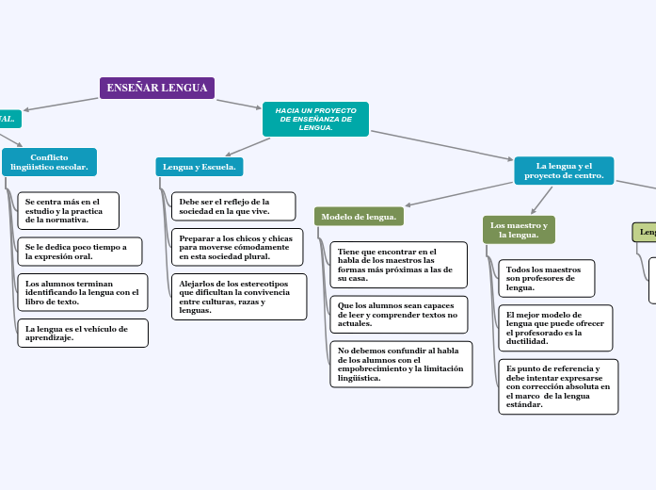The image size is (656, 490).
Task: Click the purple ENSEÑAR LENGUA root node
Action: (x=157, y=88)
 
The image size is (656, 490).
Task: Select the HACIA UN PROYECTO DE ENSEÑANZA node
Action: (x=315, y=119)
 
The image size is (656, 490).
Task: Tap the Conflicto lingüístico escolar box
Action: (x=49, y=162)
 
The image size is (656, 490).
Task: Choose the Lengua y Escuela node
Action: (x=200, y=167)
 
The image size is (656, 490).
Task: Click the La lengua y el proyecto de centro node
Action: (x=564, y=171)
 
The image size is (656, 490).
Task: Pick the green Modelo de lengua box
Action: (x=359, y=217)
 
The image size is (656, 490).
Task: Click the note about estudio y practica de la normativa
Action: (x=68, y=211)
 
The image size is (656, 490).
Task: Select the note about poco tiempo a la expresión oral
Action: (x=79, y=251)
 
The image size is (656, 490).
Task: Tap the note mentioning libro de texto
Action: (x=82, y=292)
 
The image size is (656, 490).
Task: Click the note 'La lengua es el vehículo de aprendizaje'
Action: (x=82, y=333)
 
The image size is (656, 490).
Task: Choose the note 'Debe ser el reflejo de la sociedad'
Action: (x=232, y=206)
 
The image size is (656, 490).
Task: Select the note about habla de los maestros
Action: (x=399, y=265)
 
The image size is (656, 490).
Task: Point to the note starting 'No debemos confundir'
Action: (x=401, y=364)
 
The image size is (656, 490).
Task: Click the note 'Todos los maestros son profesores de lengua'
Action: (x=546, y=278)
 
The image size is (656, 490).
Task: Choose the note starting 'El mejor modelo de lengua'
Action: (x=555, y=328)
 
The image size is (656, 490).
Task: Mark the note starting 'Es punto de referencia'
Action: (x=558, y=386)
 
